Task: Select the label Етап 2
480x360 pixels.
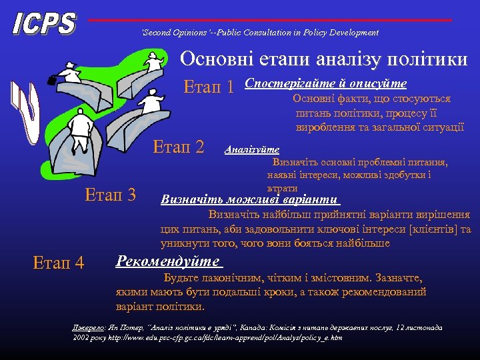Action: click(x=179, y=146)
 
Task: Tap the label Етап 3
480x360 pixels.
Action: click(x=111, y=195)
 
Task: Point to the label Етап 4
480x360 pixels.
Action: click(x=59, y=263)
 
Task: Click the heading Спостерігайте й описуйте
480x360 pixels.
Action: click(x=326, y=83)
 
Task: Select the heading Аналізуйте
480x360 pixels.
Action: click(x=252, y=150)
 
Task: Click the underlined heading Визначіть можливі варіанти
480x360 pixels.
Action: click(x=251, y=199)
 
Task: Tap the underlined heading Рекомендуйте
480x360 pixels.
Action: click(x=167, y=261)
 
